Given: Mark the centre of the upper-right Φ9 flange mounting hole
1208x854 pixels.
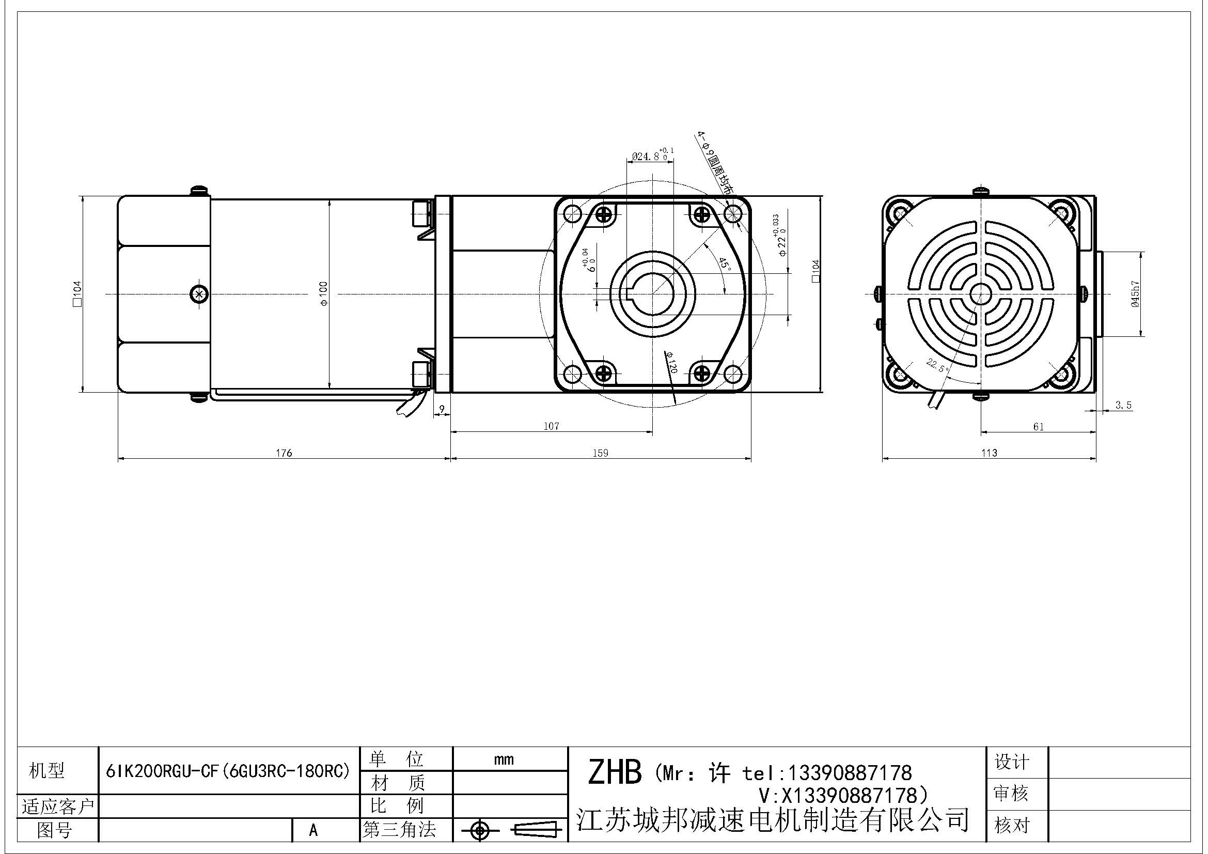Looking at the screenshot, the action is tap(732, 214).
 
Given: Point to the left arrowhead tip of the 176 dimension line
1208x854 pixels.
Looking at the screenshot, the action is tap(118, 459).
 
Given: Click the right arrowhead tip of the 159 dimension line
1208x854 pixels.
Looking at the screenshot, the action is tap(751, 459).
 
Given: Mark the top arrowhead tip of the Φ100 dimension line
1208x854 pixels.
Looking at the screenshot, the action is tap(329, 199).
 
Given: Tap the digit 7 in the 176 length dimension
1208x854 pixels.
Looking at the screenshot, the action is tap(284, 453).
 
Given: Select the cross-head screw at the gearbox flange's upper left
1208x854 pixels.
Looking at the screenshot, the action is tap(603, 214).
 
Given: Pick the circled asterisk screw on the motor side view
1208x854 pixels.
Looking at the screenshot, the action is tap(198, 294).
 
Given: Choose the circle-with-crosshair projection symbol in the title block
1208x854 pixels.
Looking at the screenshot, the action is tap(479, 831).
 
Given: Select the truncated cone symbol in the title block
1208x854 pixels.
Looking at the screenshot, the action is tap(536, 830).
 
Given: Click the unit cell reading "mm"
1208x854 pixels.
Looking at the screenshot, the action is tap(504, 759).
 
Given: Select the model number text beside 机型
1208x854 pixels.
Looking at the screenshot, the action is tap(228, 771).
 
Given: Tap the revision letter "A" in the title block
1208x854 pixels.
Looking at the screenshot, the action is tap(313, 830).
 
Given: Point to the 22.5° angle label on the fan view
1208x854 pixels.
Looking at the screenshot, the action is tap(937, 365).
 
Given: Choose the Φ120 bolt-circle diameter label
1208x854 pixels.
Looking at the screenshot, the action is tap(670, 363).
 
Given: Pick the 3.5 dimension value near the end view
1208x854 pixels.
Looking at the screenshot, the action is tap(1123, 405).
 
